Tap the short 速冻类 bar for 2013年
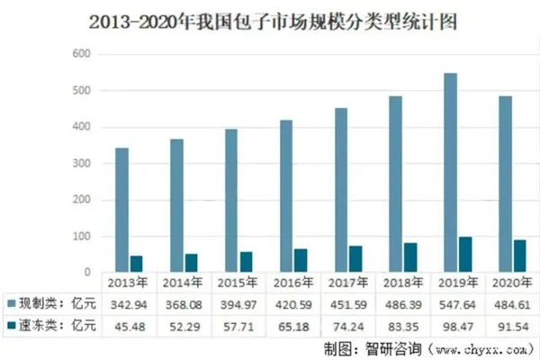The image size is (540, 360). (136, 263)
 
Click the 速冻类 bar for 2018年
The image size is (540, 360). (410, 256)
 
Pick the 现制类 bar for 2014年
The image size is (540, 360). (176, 205)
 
